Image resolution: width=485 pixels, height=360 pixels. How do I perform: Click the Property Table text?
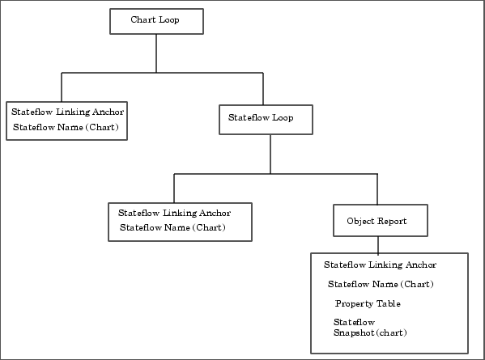(368, 303)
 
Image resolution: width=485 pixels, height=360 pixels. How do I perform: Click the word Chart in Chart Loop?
(143, 19)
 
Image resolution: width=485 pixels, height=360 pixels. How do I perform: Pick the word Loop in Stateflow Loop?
(283, 118)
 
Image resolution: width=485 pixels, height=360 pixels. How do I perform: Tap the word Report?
(392, 221)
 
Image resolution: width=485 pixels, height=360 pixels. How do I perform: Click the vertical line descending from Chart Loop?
(156, 53)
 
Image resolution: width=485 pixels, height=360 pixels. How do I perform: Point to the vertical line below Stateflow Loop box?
(270, 154)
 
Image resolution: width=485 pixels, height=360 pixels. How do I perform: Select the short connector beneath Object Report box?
(378, 245)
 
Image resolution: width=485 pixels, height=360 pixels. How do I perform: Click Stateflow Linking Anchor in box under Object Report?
(380, 265)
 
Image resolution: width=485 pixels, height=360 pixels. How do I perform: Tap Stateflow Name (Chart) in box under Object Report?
(381, 284)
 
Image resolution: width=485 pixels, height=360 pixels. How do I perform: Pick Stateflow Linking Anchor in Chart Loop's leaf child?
(68, 112)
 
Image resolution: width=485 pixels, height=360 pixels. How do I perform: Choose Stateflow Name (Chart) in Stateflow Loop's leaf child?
(172, 228)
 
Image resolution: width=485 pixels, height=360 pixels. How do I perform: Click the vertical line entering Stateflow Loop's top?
(263, 89)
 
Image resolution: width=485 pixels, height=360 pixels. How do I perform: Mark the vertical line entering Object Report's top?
(377, 189)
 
